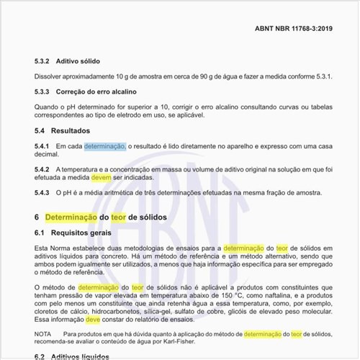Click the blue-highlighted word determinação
(105, 147)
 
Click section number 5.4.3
(42, 193)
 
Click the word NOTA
(43, 335)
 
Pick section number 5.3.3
(44, 93)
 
